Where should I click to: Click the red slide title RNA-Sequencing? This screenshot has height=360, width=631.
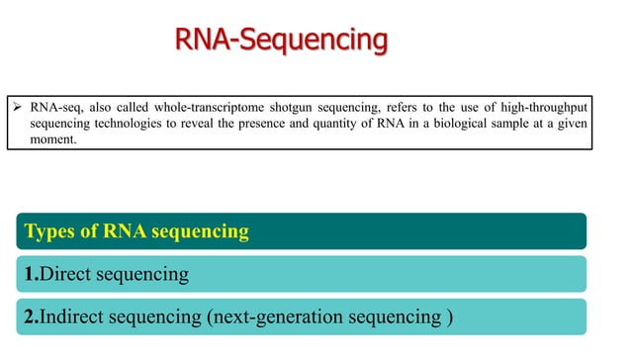pos(281,41)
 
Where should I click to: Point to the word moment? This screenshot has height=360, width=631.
pos(52,140)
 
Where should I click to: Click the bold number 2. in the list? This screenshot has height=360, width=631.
pos(32,317)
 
